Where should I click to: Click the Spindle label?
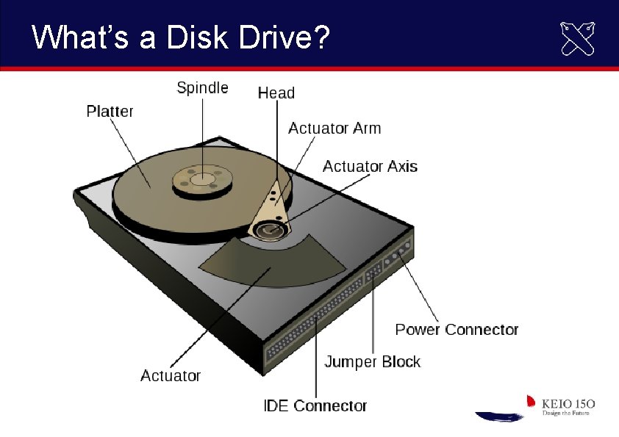202,88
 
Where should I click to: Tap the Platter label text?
110,112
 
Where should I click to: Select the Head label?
276,93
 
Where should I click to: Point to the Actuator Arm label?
334,129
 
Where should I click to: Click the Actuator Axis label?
370,167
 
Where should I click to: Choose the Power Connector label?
457,330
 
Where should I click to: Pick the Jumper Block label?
372,362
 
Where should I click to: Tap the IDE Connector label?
315,405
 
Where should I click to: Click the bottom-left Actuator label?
171,376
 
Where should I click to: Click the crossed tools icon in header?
578,38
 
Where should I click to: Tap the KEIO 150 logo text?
568,404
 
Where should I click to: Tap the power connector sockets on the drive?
399,253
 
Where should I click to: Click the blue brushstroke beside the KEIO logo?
499,416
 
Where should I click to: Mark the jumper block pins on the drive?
373,272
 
